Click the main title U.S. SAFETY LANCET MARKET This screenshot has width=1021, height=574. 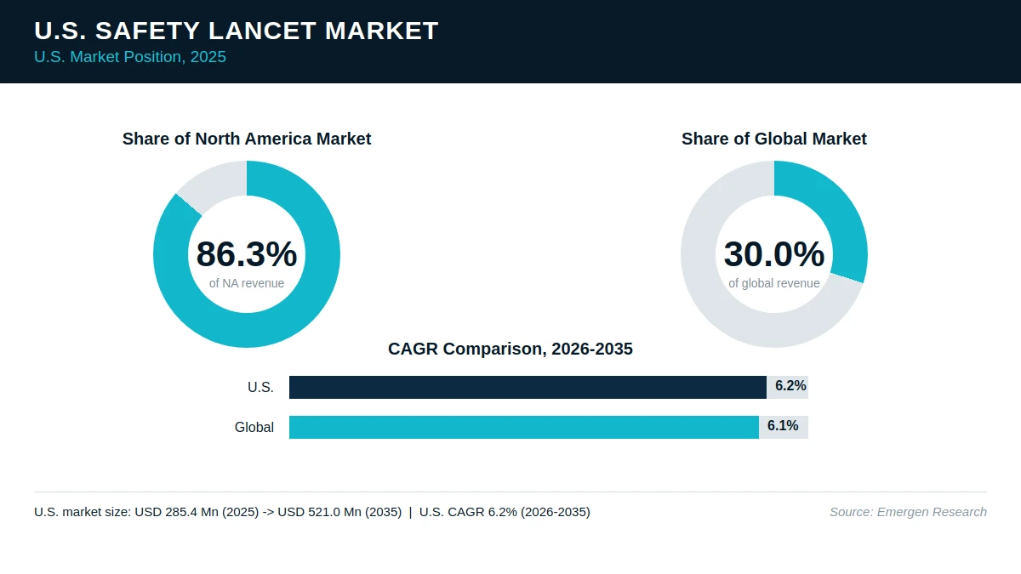[237, 31]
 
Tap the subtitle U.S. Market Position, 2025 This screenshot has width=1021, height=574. [130, 57]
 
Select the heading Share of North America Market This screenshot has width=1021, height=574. [247, 139]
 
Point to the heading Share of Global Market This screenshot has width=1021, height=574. [774, 139]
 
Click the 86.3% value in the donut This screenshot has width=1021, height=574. [247, 253]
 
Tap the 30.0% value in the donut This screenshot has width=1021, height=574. [774, 253]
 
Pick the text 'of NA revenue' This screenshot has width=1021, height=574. [247, 283]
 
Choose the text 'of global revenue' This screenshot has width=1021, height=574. [774, 283]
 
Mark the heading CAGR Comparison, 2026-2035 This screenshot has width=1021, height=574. [510, 349]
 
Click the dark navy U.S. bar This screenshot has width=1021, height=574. [528, 387]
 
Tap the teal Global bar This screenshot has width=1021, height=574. [524, 427]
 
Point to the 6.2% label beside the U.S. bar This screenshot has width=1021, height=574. [790, 386]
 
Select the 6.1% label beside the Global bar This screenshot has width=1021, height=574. [783, 426]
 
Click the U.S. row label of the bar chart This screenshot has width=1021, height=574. [260, 387]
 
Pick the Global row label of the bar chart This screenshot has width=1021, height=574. [254, 427]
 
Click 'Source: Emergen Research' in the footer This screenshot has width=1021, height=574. [908, 512]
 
